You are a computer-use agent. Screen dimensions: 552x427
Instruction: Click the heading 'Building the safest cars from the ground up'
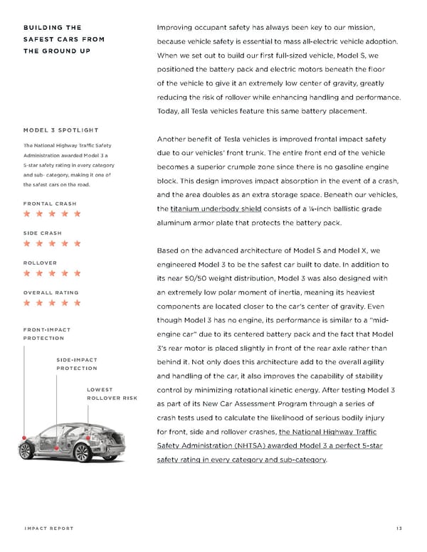click(64, 39)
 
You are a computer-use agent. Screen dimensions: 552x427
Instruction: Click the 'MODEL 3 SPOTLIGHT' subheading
click(60, 129)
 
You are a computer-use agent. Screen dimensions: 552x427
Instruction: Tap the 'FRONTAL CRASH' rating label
click(50, 203)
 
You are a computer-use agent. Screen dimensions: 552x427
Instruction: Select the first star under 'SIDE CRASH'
click(27, 243)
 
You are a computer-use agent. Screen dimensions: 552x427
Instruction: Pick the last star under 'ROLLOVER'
click(77, 272)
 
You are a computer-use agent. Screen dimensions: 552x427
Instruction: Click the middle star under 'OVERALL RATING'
click(52, 302)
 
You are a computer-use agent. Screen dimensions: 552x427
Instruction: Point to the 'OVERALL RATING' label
click(51, 292)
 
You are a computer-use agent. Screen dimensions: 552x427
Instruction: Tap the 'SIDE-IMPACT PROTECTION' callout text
click(77, 364)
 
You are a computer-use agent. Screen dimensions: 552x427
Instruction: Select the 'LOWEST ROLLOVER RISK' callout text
click(111, 393)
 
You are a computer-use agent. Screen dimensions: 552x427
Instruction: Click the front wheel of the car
click(27, 450)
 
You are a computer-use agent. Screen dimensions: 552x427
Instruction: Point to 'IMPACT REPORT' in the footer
click(49, 528)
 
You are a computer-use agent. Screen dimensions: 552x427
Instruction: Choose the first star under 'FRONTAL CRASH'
click(27, 213)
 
